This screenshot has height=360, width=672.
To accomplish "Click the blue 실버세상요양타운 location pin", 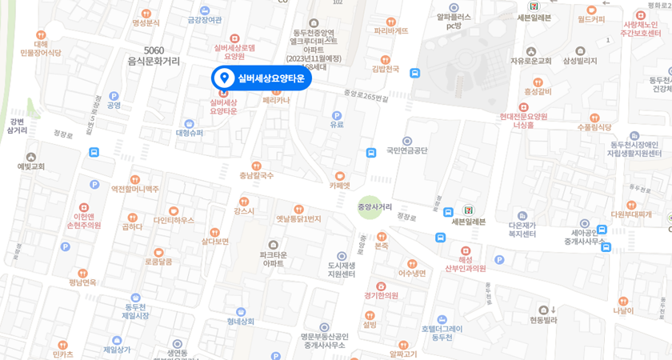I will point(225,78).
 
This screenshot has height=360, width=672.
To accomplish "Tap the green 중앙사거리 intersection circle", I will point(370,207).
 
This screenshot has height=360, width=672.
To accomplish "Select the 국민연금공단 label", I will point(407,150).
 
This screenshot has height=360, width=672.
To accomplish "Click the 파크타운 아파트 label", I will point(274,258).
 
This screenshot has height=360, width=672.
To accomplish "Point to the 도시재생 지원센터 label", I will point(342,270).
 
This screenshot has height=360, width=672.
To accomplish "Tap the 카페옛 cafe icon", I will point(340,176).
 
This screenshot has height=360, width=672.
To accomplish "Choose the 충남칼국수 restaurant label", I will point(257,175).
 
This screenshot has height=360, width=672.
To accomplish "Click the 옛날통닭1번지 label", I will point(298,218).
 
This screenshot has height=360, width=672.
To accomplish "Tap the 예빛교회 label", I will point(31,166).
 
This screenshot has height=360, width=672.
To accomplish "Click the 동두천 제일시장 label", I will point(135,311).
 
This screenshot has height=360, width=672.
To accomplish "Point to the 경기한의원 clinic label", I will point(381,295).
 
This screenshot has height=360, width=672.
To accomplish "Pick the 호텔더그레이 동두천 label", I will point(442,332).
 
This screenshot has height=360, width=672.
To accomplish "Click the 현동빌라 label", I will point(543,319).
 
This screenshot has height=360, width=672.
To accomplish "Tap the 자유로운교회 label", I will point(530,61).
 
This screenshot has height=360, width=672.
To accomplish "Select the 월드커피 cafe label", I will point(591,19).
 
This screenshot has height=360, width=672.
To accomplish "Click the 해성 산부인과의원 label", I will point(466,264).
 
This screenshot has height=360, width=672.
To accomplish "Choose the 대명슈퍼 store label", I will point(190,133).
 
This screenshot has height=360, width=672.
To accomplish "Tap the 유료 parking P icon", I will point(337,115).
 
